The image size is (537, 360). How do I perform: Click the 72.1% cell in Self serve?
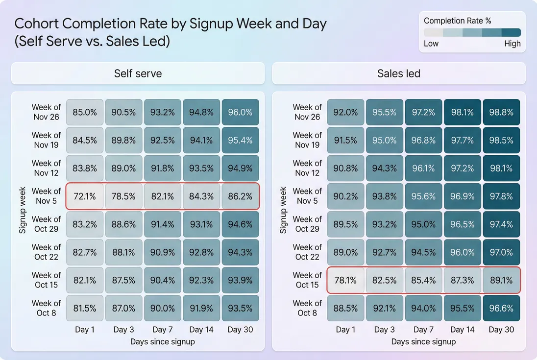coord(85,196)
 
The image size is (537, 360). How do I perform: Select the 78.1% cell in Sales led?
coord(345,280)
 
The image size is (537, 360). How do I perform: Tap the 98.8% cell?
coord(501,112)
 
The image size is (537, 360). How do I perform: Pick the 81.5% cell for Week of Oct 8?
coord(85,308)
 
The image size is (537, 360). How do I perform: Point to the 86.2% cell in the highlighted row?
coord(241,196)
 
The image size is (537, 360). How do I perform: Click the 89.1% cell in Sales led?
coord(501,280)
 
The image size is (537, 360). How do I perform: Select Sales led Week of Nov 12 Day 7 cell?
coord(423,168)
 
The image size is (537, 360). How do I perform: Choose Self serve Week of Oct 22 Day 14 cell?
coord(201,252)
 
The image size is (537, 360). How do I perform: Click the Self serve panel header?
coord(138,73)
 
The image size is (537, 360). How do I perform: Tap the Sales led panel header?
coord(399,73)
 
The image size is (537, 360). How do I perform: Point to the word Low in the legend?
coord(431,44)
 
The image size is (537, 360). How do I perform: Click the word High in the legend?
coord(512,44)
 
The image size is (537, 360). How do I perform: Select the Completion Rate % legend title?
coord(457,21)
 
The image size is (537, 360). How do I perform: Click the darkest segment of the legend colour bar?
coord(511,33)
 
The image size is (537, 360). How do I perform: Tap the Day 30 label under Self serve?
coord(241,330)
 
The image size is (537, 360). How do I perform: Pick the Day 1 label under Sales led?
coord(345,330)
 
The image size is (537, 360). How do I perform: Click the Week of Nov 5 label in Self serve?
coord(47,196)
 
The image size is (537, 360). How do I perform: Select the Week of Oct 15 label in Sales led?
coord(308,280)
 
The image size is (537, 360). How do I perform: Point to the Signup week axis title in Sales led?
coord(283,210)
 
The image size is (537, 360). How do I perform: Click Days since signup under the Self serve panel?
coord(163,341)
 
